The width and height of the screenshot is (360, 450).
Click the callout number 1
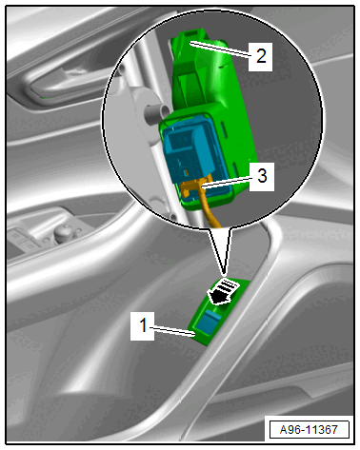pyautogui.click(x=143, y=325)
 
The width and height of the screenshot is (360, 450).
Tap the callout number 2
pyautogui.click(x=261, y=56)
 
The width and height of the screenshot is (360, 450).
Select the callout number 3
pyautogui.click(x=262, y=176)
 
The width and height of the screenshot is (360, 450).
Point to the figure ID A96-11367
pyautogui.click(x=309, y=430)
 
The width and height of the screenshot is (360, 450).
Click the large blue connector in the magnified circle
pyautogui.click(x=190, y=149)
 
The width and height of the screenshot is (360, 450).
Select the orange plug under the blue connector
pyautogui.click(x=191, y=187)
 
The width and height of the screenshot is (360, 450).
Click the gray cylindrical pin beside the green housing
pyautogui.click(x=156, y=114)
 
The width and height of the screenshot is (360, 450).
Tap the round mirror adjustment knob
pyautogui.click(x=64, y=232)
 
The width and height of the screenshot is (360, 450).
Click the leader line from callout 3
pyautogui.click(x=226, y=183)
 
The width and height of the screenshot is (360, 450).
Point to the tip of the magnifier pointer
pyautogui.click(x=225, y=272)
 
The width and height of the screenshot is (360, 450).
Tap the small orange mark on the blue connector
pyautogui.click(x=188, y=173)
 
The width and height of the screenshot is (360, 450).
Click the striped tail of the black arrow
pyautogui.click(x=230, y=286)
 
